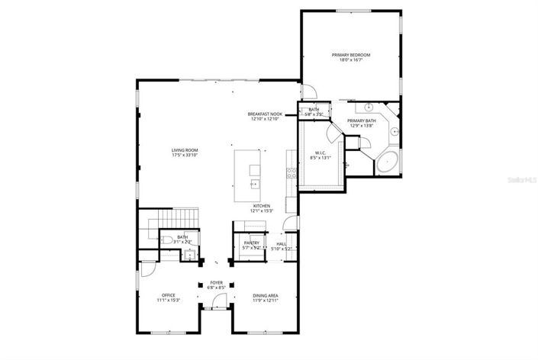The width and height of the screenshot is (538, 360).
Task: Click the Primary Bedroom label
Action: [x=350, y=55]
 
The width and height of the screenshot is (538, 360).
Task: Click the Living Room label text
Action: [x=185, y=150]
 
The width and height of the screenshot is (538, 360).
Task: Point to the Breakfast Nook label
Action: [x=265, y=114]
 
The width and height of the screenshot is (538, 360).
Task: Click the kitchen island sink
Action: [x=253, y=183]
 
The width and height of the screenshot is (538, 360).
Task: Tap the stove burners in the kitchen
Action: [x=291, y=172]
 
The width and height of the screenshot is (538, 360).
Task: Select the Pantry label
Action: [x=252, y=243]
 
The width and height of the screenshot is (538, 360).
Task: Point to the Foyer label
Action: [x=216, y=282]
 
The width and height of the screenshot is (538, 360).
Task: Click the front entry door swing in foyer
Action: [x=220, y=301]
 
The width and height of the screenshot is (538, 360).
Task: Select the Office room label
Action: [x=168, y=295]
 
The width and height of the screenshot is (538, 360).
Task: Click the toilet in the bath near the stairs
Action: [x=167, y=240]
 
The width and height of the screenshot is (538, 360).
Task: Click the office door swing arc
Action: [x=147, y=270]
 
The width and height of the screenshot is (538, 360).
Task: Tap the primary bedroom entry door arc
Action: [x=309, y=92]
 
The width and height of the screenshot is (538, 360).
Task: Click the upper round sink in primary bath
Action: [x=368, y=108]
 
